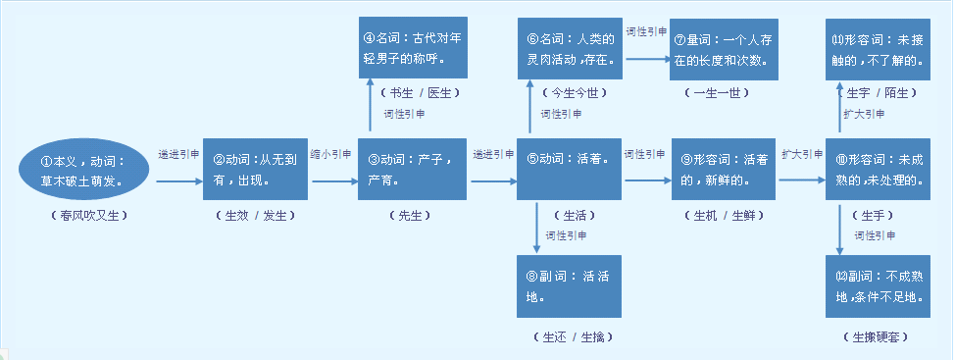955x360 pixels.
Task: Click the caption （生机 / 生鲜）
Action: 721,214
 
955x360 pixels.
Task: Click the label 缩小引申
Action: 330,155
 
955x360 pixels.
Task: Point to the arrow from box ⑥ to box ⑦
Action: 647,58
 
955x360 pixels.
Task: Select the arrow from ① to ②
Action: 176,180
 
